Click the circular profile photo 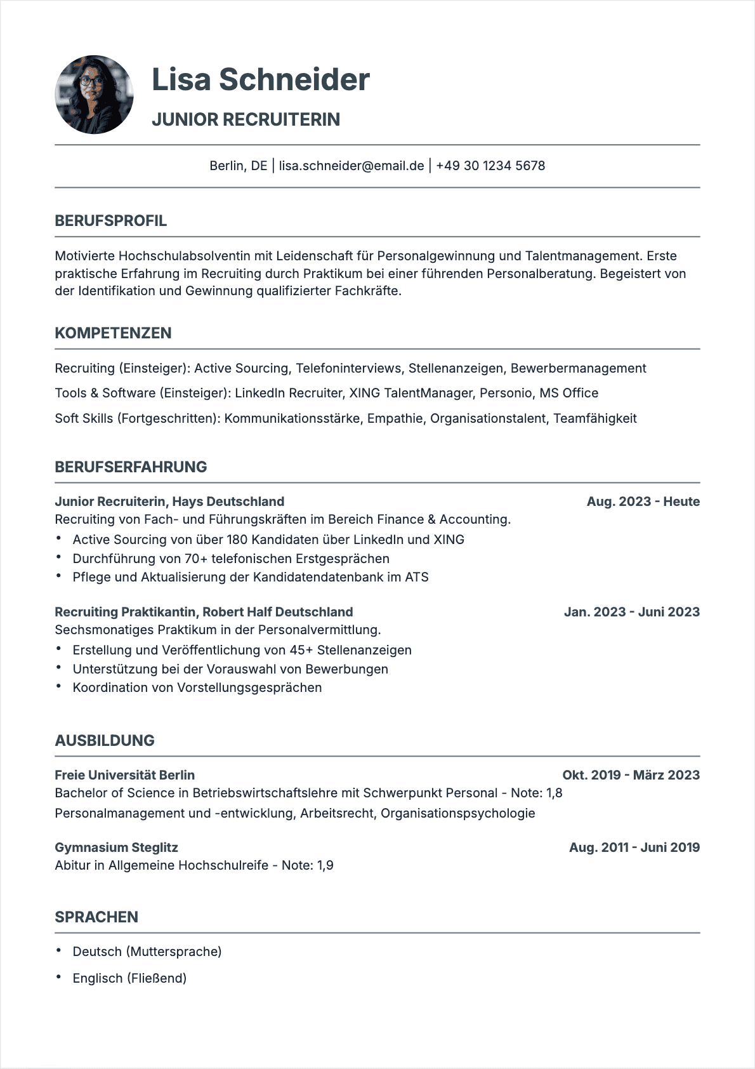(x=95, y=95)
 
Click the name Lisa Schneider (x=260, y=80)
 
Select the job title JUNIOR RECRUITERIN (x=246, y=119)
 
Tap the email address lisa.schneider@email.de (x=351, y=166)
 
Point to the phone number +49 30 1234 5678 (x=490, y=166)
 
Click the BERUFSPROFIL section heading (x=111, y=221)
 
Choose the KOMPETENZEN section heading (x=113, y=333)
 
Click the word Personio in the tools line (x=506, y=393)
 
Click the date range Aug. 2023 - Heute (x=643, y=501)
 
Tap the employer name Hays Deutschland (x=228, y=501)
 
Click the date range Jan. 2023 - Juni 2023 (x=631, y=612)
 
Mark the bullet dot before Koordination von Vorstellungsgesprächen (x=58, y=686)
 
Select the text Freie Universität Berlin (x=124, y=775)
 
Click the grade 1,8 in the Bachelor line (x=554, y=793)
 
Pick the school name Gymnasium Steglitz (x=116, y=847)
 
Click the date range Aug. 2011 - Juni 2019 (x=634, y=847)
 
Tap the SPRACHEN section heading (x=96, y=917)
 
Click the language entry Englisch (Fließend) (x=129, y=978)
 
